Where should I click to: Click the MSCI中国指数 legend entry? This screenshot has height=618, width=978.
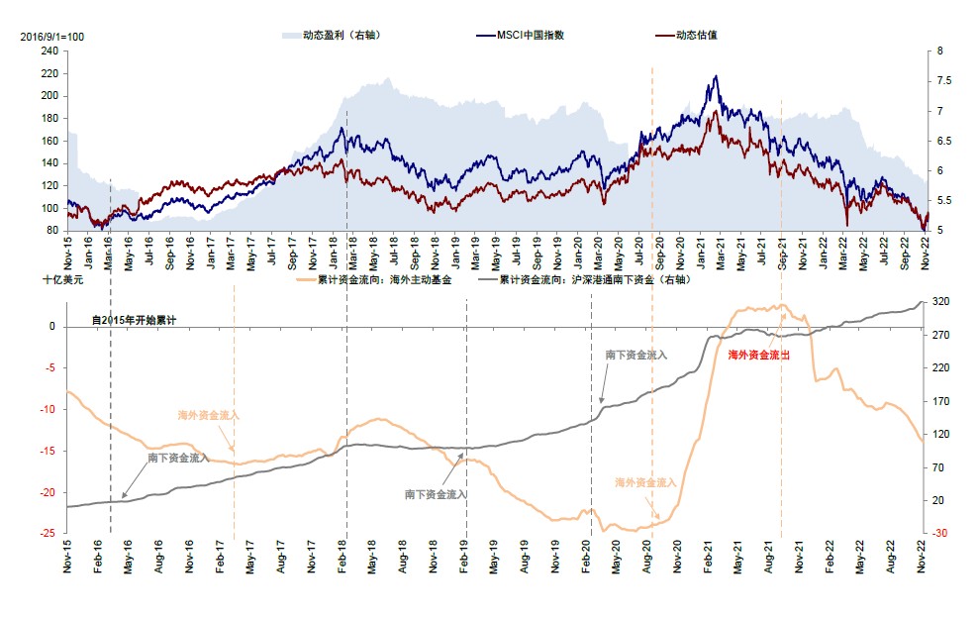point(534,36)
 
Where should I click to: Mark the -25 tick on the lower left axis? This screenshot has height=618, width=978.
point(46,534)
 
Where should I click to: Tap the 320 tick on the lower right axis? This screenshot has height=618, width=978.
point(940,302)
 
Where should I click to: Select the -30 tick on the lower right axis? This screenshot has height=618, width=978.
point(940,534)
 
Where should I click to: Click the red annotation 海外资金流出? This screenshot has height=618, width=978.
point(759,354)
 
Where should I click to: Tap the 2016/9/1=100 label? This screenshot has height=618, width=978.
point(51,36)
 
